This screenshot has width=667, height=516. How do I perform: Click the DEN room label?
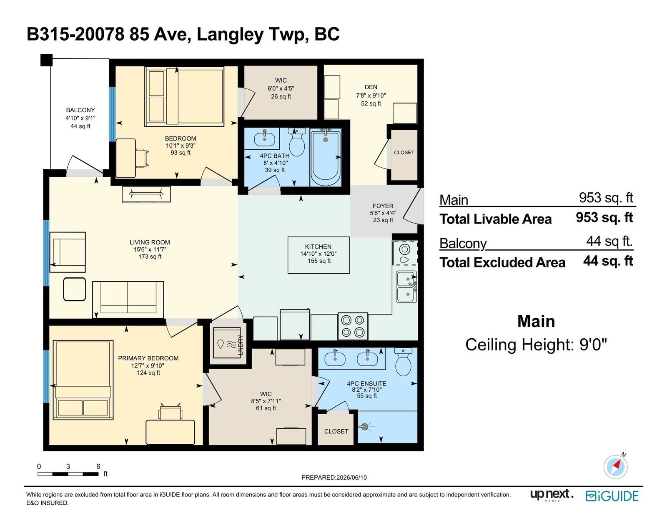[371, 87]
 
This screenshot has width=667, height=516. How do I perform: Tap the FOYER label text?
[383, 206]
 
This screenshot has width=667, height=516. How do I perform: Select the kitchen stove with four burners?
[353, 326]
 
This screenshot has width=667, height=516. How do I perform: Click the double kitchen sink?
[406, 287]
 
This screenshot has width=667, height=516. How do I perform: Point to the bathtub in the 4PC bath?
[326, 158]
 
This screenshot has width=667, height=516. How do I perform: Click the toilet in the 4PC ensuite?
[404, 362]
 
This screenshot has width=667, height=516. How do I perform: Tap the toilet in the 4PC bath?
[296, 142]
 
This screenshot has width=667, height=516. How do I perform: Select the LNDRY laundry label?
[241, 345]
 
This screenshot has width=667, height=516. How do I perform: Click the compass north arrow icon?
[616, 466]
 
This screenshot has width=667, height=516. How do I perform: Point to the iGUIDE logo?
[612, 496]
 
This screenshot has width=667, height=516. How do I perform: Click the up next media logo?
[552, 495]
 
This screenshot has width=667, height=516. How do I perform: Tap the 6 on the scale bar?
[98, 466]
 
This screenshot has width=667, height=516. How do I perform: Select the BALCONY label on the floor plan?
[80, 110]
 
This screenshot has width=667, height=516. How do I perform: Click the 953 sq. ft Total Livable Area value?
[604, 217]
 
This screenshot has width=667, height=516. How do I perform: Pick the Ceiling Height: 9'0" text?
[536, 345]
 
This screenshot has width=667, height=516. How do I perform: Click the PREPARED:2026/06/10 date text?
[334, 477]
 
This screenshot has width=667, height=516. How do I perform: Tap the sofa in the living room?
[128, 300]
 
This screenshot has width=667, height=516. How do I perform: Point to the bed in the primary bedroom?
[83, 380]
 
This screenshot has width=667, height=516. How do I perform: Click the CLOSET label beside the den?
[404, 153]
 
